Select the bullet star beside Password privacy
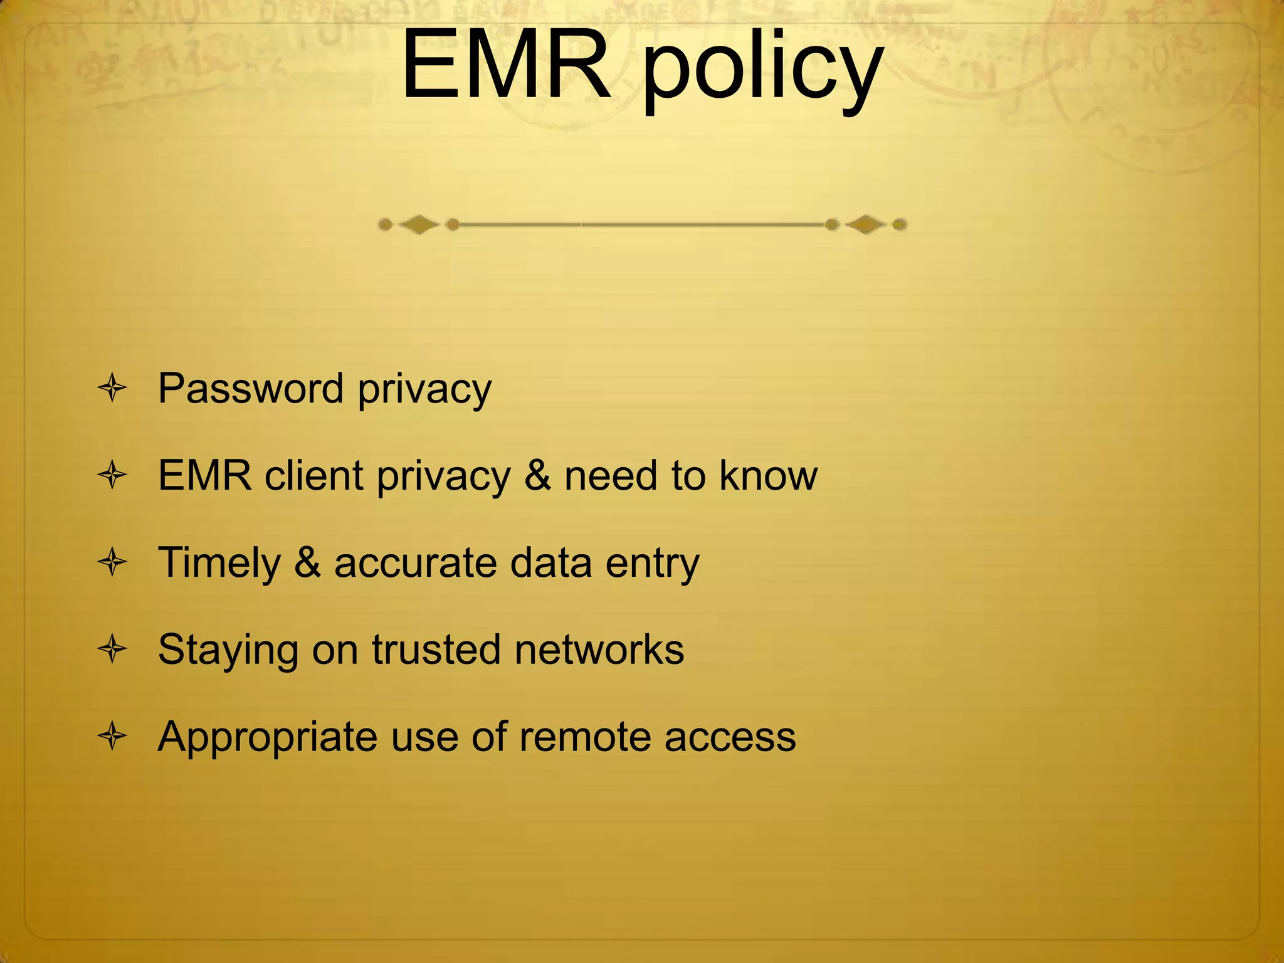tap(113, 389)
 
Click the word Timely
tap(219, 563)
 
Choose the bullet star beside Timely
tap(113, 562)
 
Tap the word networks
tap(599, 650)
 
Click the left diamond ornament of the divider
tap(419, 224)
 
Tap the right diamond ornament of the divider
tap(865, 224)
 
